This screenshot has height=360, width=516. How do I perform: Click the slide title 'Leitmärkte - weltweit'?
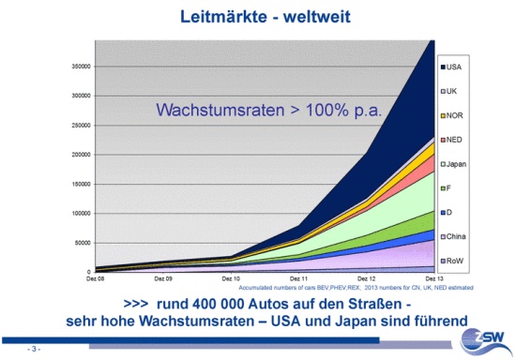[257, 15]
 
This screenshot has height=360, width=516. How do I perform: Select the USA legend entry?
[453, 66]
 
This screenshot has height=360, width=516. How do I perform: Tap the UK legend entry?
[452, 90]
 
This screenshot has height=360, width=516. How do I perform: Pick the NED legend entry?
[453, 140]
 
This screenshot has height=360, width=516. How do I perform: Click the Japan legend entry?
[455, 164]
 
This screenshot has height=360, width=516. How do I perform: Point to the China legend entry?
[455, 237]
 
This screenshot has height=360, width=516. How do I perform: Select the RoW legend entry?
[454, 262]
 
